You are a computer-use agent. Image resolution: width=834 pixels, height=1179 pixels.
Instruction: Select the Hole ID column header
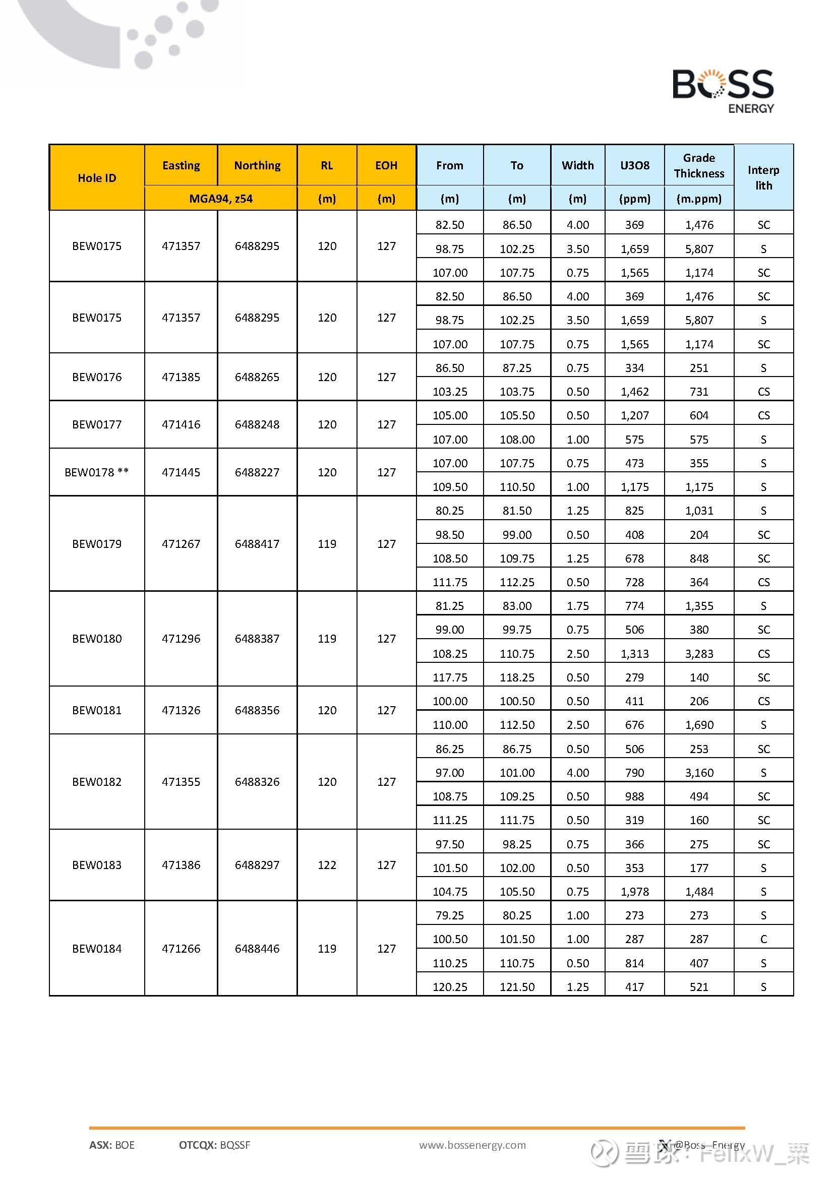(96, 177)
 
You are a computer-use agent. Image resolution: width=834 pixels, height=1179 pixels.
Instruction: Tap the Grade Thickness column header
(698, 165)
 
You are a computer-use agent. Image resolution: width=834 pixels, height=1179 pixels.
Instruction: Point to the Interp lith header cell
(763, 177)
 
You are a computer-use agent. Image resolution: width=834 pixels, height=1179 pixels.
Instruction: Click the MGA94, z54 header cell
(221, 199)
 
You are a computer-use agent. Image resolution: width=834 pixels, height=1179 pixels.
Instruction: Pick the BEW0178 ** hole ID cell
(96, 472)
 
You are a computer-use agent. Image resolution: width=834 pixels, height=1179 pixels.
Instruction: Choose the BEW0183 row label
(96, 865)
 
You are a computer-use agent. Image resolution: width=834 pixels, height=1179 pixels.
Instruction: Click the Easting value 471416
(181, 424)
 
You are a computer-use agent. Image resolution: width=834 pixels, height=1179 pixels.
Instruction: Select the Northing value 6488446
(257, 949)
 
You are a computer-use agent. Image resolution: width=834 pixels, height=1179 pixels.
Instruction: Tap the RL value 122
(327, 865)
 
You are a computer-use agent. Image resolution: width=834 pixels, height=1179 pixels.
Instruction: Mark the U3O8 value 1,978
(634, 892)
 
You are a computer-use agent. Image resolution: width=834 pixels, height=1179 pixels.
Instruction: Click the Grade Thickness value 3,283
(698, 654)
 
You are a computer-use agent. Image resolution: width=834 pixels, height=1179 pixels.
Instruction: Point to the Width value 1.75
(577, 606)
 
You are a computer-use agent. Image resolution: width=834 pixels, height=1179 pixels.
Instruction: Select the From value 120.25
(449, 987)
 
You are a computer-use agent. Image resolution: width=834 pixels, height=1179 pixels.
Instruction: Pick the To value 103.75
(517, 392)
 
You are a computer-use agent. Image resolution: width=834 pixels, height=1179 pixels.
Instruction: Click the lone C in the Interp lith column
(763, 939)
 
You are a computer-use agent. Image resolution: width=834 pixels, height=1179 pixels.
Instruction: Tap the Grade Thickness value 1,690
(698, 725)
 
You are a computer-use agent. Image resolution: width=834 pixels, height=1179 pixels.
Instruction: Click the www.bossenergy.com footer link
(472, 1145)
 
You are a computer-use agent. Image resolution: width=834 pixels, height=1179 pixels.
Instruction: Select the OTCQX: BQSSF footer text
(215, 1145)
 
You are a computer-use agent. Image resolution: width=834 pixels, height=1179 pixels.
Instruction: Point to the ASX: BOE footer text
(111, 1145)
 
